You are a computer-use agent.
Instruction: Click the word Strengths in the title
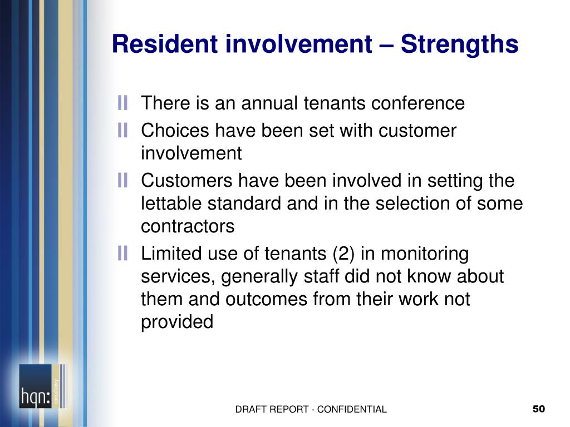point(459,44)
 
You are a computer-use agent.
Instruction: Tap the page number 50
point(539,409)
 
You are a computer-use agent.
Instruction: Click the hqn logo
point(42,386)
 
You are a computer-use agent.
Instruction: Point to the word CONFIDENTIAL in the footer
point(352,409)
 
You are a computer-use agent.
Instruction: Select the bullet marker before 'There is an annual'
point(122,103)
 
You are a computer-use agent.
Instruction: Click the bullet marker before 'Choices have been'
point(122,130)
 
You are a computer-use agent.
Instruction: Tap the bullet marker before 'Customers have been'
point(122,181)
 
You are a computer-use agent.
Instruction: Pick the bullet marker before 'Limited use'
point(122,253)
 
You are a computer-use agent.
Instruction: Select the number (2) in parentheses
point(343,254)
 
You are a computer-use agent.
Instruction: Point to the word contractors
point(188,226)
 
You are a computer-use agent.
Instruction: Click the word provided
point(177,322)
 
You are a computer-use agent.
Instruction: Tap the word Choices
point(175,130)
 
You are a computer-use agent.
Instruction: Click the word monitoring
point(425,254)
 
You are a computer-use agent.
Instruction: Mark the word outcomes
point(266,299)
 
